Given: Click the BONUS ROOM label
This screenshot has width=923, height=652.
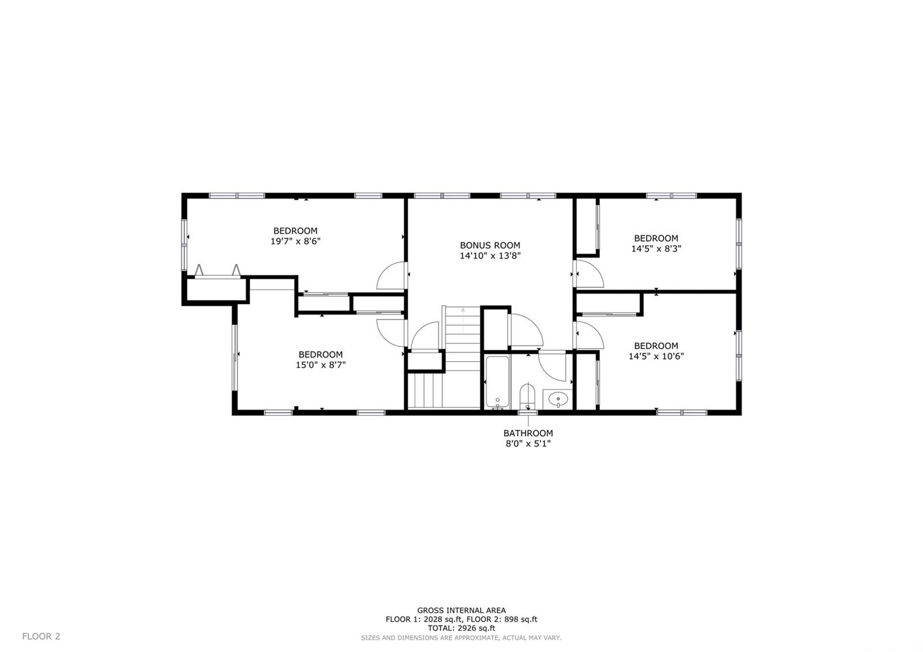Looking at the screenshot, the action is [x=490, y=245].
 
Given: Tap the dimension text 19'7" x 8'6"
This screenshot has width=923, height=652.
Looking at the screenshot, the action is [x=295, y=241].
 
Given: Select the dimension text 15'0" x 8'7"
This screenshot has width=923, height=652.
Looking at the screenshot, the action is [x=321, y=365].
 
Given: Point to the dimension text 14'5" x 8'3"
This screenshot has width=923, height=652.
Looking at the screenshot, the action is [x=656, y=249].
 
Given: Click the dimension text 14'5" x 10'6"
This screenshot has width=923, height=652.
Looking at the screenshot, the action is [x=656, y=356].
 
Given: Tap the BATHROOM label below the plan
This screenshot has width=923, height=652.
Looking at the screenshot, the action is [x=528, y=433].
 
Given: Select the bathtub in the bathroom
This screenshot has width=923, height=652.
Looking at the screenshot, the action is [x=498, y=382].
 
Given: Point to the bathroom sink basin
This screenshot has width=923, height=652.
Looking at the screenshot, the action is [x=558, y=399].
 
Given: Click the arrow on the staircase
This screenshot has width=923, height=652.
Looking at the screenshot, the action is [x=463, y=320].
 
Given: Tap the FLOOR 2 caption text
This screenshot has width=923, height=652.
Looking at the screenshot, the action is [x=41, y=636].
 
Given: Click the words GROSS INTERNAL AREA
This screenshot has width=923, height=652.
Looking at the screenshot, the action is [x=461, y=610].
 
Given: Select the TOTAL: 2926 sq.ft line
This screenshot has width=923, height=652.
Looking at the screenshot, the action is [x=461, y=628].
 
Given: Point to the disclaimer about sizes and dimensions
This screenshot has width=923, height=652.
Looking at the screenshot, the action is [x=461, y=638].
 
